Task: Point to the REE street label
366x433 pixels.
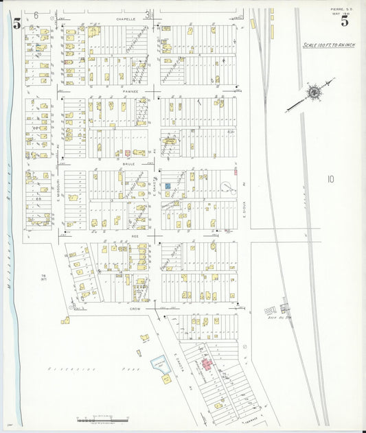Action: click(x=135, y=234)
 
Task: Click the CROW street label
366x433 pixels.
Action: click(x=135, y=309)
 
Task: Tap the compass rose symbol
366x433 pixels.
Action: click(x=312, y=92)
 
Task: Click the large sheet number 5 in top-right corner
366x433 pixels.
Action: click(x=344, y=21)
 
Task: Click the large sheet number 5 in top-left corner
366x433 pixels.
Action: click(x=16, y=23)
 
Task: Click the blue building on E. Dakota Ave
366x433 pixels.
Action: click(x=167, y=186)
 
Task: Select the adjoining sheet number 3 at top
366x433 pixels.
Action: click(x=146, y=14)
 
